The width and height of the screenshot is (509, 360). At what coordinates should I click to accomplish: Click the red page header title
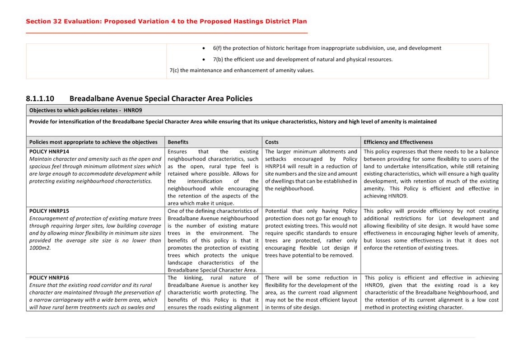coord(166,21)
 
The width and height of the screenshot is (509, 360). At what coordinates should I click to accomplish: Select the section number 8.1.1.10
coord(40,98)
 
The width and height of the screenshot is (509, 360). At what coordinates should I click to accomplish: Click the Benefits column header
coord(178,142)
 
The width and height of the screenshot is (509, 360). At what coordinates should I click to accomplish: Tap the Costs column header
coord(272,142)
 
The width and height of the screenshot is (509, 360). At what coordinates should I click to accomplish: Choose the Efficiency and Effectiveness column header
coord(398,142)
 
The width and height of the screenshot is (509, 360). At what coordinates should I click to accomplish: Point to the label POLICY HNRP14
coord(49,152)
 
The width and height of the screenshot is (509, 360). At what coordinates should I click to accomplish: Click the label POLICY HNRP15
coord(49,211)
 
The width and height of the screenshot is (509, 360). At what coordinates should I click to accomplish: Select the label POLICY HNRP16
coord(49,278)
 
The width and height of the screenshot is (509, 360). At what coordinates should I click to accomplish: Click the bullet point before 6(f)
coord(204,48)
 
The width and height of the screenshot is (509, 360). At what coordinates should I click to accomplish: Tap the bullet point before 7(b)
coord(204,60)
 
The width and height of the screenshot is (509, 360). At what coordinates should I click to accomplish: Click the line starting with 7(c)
coord(242,70)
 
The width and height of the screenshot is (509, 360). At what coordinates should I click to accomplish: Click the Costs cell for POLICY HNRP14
coord(311,170)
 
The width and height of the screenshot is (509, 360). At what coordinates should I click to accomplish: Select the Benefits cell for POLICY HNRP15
coord(213,240)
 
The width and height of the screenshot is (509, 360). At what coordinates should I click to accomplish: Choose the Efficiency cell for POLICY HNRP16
coord(431,292)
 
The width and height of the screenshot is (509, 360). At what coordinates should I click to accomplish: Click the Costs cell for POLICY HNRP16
coord(311,292)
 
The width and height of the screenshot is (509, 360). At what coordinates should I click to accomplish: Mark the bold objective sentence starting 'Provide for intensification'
coord(233,122)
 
